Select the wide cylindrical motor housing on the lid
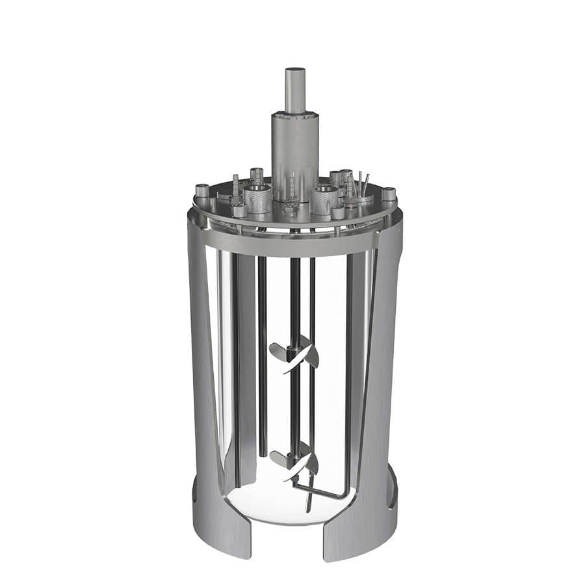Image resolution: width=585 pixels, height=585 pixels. pos(295,149)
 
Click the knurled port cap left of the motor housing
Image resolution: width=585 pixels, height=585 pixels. pos(258,198)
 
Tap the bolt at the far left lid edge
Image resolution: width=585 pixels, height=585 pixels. pos(202,191)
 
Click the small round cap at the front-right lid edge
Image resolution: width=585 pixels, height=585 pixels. pos(337,212)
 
